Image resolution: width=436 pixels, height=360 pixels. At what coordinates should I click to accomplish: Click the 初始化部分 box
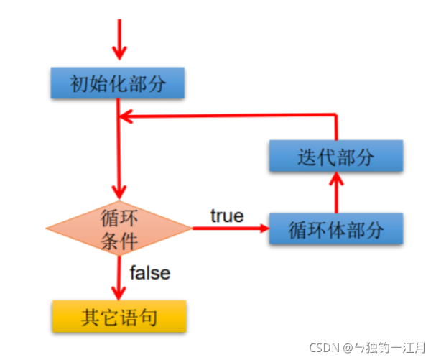(x=119, y=83)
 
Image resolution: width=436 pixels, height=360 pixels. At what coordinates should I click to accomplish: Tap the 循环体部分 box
(x=335, y=229)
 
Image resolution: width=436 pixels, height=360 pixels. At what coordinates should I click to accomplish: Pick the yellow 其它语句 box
(x=119, y=315)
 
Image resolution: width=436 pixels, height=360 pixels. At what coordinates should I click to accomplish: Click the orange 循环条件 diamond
(x=119, y=228)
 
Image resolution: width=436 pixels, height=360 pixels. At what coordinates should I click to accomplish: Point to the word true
(x=227, y=216)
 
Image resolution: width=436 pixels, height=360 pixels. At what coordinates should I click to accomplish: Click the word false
(x=149, y=272)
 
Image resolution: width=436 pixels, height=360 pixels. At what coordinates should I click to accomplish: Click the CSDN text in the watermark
(x=324, y=348)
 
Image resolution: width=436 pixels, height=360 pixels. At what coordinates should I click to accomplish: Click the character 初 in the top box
(x=78, y=84)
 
